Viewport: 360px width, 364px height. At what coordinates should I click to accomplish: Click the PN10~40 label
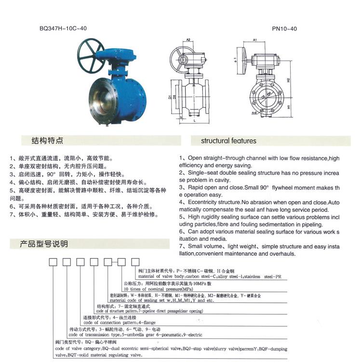pos(284,28)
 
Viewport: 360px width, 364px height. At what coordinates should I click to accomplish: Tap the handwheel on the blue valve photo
pos(92,52)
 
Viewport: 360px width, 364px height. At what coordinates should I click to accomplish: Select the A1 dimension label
pos(254,40)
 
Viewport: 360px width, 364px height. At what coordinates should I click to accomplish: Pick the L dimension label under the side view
pos(193,121)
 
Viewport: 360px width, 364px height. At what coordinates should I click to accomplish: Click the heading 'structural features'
pos(229,141)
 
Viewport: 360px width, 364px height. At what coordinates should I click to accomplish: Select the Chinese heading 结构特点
pos(47,141)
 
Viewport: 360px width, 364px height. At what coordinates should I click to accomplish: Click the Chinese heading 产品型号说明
pos(44,244)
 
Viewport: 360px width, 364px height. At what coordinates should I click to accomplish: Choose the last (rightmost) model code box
pos(135,262)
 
